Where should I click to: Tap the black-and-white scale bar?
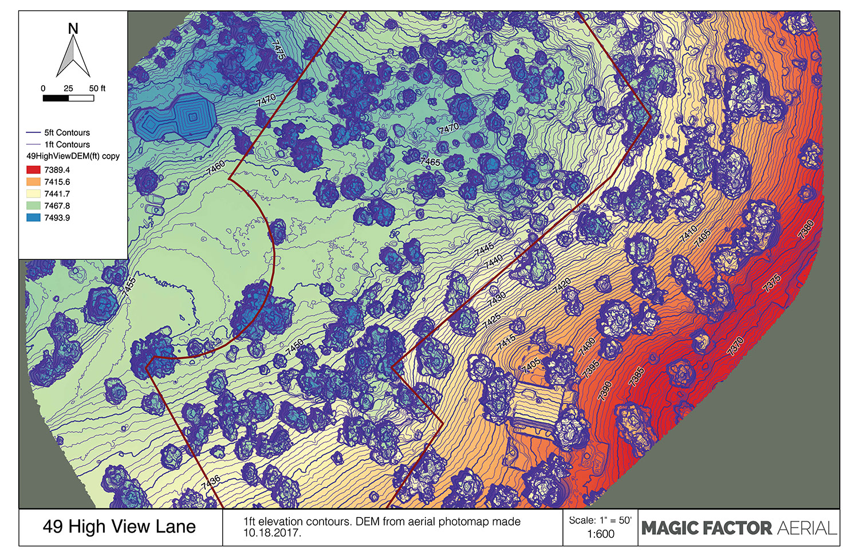coord(68,98)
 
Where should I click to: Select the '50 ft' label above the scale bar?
coord(97,88)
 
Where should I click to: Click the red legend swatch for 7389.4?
coord(33,170)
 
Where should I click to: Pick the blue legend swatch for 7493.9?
coord(33,218)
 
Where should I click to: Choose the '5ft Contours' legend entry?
coord(66,132)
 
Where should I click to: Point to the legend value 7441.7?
coord(57,194)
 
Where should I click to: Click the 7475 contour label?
coord(278,50)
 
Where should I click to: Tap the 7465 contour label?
coord(430,161)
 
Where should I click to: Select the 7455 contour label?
coord(129,286)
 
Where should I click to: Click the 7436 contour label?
coord(211,482)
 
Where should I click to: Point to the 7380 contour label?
coord(806,230)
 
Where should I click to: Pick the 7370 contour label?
coord(735,346)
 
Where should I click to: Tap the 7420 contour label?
coord(562,286)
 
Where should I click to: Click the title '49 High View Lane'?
coord(119,527)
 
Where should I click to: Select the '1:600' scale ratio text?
coord(600,534)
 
